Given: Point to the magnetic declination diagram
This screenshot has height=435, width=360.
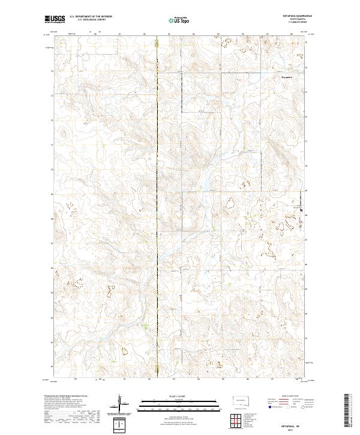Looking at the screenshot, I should [x=120, y=405].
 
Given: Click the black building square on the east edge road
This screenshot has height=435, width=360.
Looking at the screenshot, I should [x=301, y=211].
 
